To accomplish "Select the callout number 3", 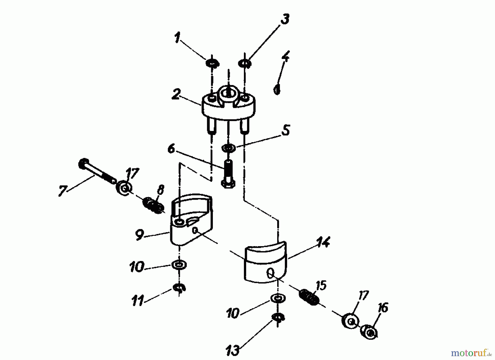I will click(x=285, y=20).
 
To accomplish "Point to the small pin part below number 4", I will click(x=277, y=89).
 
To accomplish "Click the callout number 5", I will click(x=286, y=130).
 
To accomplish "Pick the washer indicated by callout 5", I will click(x=229, y=148).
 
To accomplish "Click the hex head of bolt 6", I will click(x=228, y=184).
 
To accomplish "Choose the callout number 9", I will click(x=139, y=235).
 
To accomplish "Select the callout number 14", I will click(x=323, y=242).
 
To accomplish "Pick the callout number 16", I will click(x=383, y=307).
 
